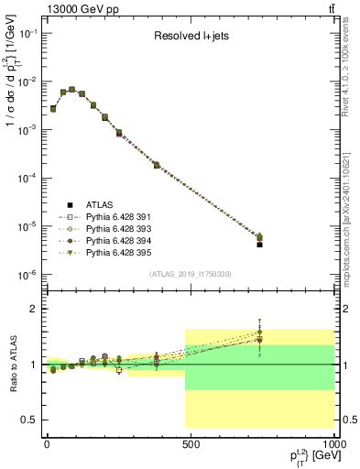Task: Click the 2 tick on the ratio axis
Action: [35, 309]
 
